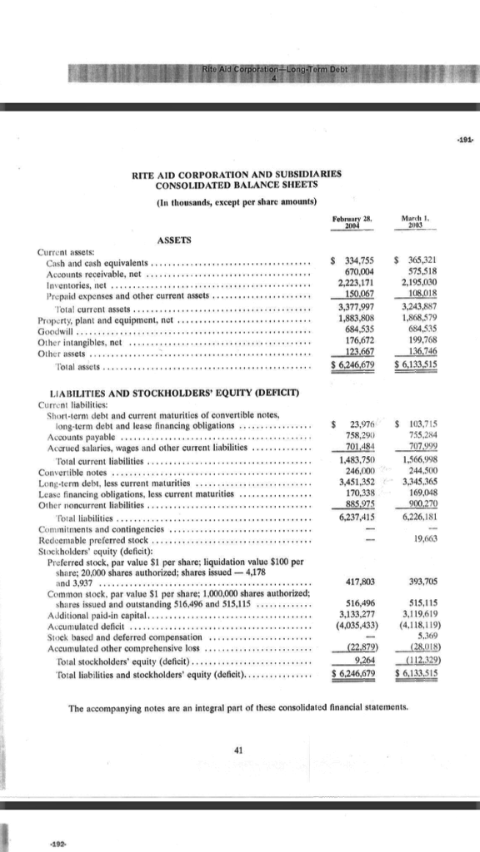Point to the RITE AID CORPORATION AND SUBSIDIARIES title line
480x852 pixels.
pyautogui.click(x=238, y=173)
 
